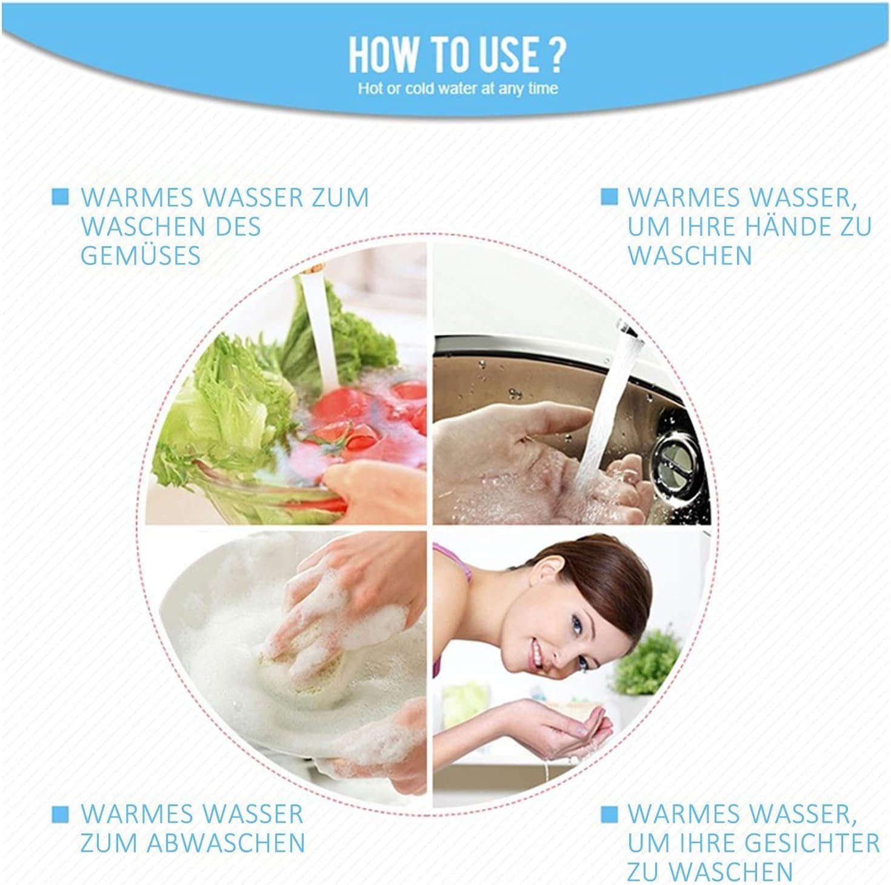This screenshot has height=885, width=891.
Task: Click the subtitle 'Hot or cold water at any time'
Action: tap(458, 88)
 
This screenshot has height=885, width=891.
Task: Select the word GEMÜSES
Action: tap(141, 255)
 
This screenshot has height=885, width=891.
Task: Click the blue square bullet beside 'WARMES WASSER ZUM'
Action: tap(60, 196)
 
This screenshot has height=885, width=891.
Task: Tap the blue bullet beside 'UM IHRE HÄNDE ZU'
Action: tap(609, 196)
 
